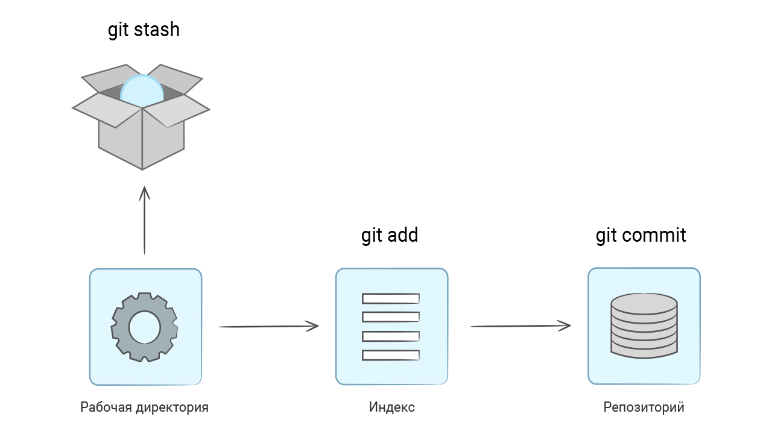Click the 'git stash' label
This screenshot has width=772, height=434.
click(x=144, y=30)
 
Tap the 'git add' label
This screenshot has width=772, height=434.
click(x=390, y=235)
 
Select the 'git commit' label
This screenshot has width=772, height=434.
click(x=641, y=235)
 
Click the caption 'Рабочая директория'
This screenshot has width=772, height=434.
click(x=145, y=407)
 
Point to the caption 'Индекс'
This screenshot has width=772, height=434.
click(x=391, y=407)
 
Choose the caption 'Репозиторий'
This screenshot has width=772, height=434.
click(x=644, y=407)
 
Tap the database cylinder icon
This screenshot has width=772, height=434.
click(x=644, y=326)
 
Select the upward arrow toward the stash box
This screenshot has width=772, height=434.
click(x=144, y=220)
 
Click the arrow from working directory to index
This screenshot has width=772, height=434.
click(x=268, y=326)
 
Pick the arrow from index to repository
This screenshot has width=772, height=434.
click(x=520, y=326)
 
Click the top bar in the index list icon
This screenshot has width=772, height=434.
click(x=390, y=298)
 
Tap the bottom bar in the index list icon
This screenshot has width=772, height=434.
click(x=390, y=355)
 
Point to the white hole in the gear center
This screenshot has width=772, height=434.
click(x=145, y=327)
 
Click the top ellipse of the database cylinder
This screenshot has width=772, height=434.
click(x=644, y=304)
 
